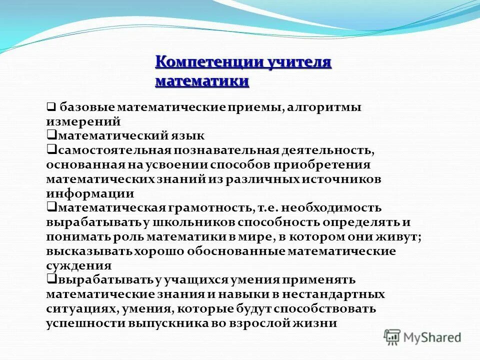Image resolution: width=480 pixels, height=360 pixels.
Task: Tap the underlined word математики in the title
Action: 202,81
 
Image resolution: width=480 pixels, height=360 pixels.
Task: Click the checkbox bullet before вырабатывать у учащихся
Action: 51,279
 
